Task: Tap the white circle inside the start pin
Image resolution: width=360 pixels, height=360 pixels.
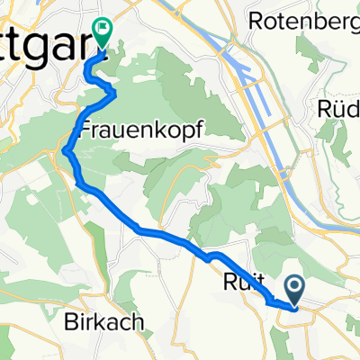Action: pos(297,287)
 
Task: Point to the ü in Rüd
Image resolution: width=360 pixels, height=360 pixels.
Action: pos(338,108)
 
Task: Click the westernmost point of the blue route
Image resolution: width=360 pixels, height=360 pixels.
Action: pos(65,154)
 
